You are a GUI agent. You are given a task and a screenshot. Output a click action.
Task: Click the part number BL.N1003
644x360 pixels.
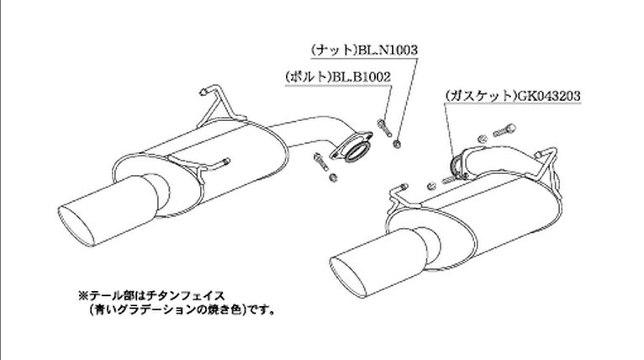coord(388,50)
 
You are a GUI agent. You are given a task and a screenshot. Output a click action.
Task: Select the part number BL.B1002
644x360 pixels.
coord(361,77)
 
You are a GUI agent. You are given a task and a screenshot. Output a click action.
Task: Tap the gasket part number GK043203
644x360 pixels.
coord(549,96)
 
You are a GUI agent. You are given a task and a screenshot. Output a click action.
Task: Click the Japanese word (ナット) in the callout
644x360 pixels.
coord(335,50)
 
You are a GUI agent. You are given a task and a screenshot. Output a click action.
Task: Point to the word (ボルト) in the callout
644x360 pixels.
coord(308,77)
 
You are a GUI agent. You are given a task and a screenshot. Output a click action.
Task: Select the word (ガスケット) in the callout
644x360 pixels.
coord(481,96)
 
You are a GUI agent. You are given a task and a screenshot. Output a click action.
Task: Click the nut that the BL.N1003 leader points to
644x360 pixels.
coord(397,144)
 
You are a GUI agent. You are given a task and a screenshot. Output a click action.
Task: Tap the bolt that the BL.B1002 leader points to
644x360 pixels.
coord(383,127)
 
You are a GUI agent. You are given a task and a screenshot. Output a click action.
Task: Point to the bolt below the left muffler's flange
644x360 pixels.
coord(321,161)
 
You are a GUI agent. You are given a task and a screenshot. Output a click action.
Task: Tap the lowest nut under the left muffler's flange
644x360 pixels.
coord(334,177)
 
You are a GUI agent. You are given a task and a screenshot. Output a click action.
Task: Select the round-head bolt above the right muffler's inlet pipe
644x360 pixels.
coord(504,130)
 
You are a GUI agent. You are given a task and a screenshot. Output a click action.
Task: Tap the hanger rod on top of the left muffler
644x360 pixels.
coord(215,105)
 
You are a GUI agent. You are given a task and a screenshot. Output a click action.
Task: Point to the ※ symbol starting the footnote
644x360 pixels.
coord(83,295)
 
